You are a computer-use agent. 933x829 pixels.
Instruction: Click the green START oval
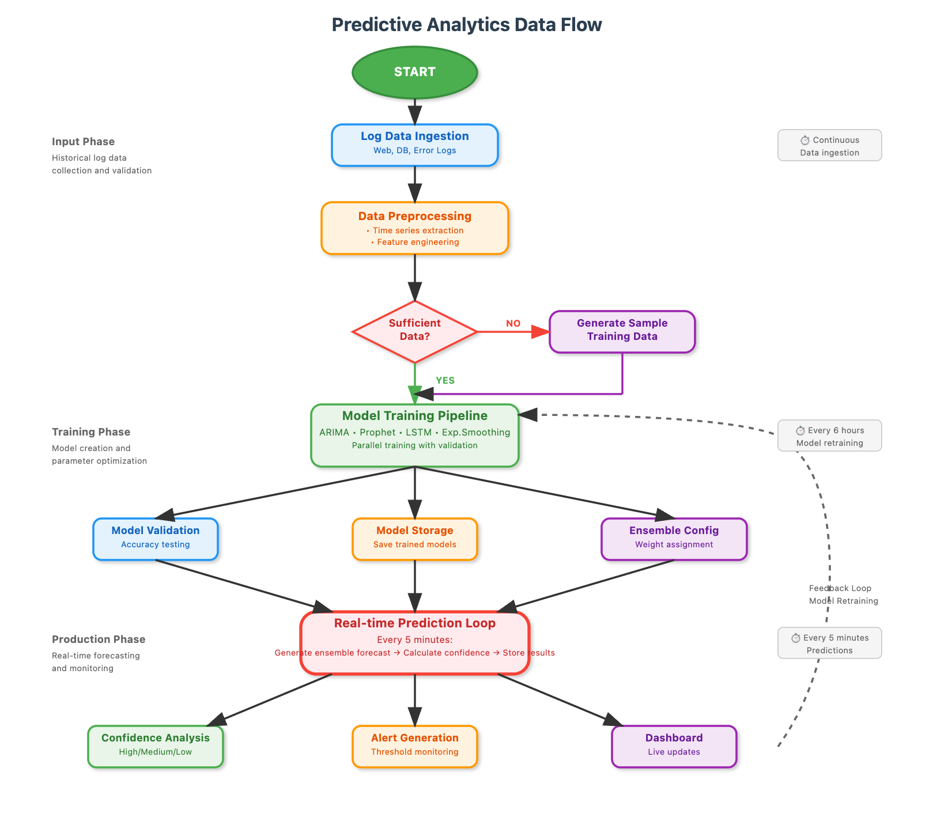[415, 73]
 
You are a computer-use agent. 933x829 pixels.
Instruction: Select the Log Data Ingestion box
[415, 145]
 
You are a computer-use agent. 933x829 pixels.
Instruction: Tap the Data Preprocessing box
[415, 228]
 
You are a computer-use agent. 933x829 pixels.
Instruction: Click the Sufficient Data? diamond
[415, 332]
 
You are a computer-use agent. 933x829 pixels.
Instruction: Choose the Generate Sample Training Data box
[622, 332]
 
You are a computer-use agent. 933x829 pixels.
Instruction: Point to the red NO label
[513, 324]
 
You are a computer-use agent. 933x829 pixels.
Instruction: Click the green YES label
[445, 381]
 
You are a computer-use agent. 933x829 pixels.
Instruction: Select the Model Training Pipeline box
[415, 436]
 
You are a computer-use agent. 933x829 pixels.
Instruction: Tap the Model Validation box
[156, 539]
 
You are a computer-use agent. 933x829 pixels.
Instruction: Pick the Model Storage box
[415, 539]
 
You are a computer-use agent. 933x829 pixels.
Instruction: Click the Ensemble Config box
[674, 539]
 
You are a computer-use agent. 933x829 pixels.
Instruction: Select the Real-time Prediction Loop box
[415, 643]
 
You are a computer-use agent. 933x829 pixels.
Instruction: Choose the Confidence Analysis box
[156, 747]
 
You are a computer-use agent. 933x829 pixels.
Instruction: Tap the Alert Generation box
[415, 747]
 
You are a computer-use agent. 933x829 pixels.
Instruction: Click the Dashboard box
[674, 747]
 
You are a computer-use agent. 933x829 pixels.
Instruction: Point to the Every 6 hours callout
[830, 436]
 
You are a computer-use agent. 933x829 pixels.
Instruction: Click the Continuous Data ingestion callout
[830, 145]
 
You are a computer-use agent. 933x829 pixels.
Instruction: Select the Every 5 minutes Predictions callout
[830, 643]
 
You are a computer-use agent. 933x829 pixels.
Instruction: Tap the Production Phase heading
[99, 639]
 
